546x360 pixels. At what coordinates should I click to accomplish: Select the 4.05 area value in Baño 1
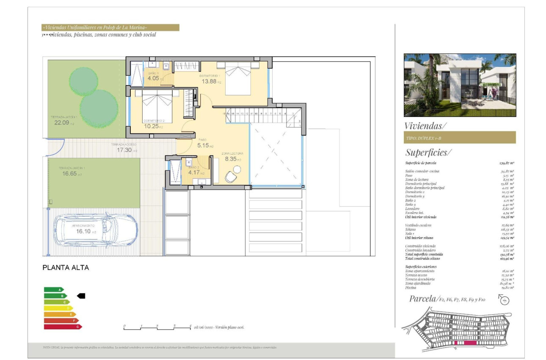(x=153, y=78)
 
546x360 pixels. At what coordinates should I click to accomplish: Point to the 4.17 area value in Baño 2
(x=194, y=172)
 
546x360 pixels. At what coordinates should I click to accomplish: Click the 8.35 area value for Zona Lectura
(x=231, y=159)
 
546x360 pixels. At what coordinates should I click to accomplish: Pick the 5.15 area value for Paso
(x=204, y=145)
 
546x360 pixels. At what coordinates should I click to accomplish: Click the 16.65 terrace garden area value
(x=67, y=174)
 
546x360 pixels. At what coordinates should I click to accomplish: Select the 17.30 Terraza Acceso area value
(x=124, y=150)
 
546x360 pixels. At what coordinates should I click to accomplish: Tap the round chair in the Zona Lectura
(x=231, y=177)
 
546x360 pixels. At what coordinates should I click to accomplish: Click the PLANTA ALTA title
(x=66, y=268)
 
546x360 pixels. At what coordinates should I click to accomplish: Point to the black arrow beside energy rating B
(x=81, y=296)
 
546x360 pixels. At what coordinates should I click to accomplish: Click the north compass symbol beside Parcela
(x=505, y=300)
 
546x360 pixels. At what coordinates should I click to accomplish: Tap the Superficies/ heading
(x=428, y=152)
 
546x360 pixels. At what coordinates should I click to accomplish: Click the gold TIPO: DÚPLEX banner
(x=460, y=138)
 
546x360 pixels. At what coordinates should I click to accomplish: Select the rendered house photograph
(x=460, y=85)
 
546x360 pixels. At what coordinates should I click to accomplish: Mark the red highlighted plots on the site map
(x=465, y=343)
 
